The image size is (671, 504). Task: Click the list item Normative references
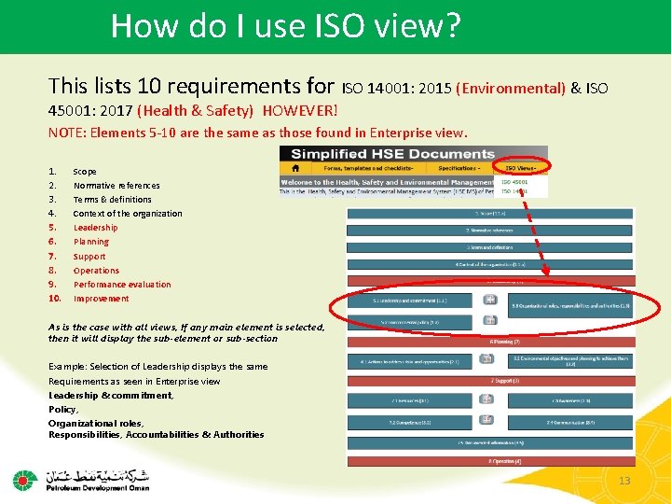(x=116, y=185)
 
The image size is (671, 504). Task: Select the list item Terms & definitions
(x=112, y=199)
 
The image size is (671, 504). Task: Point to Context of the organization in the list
(x=128, y=214)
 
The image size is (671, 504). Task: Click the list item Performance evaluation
(x=122, y=285)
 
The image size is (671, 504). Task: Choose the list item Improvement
(x=101, y=299)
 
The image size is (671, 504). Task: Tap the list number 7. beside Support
(x=52, y=256)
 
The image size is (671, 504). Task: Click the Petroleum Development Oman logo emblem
(x=24, y=481)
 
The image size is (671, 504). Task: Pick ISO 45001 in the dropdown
(x=514, y=182)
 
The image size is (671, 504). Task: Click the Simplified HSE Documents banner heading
(x=392, y=154)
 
